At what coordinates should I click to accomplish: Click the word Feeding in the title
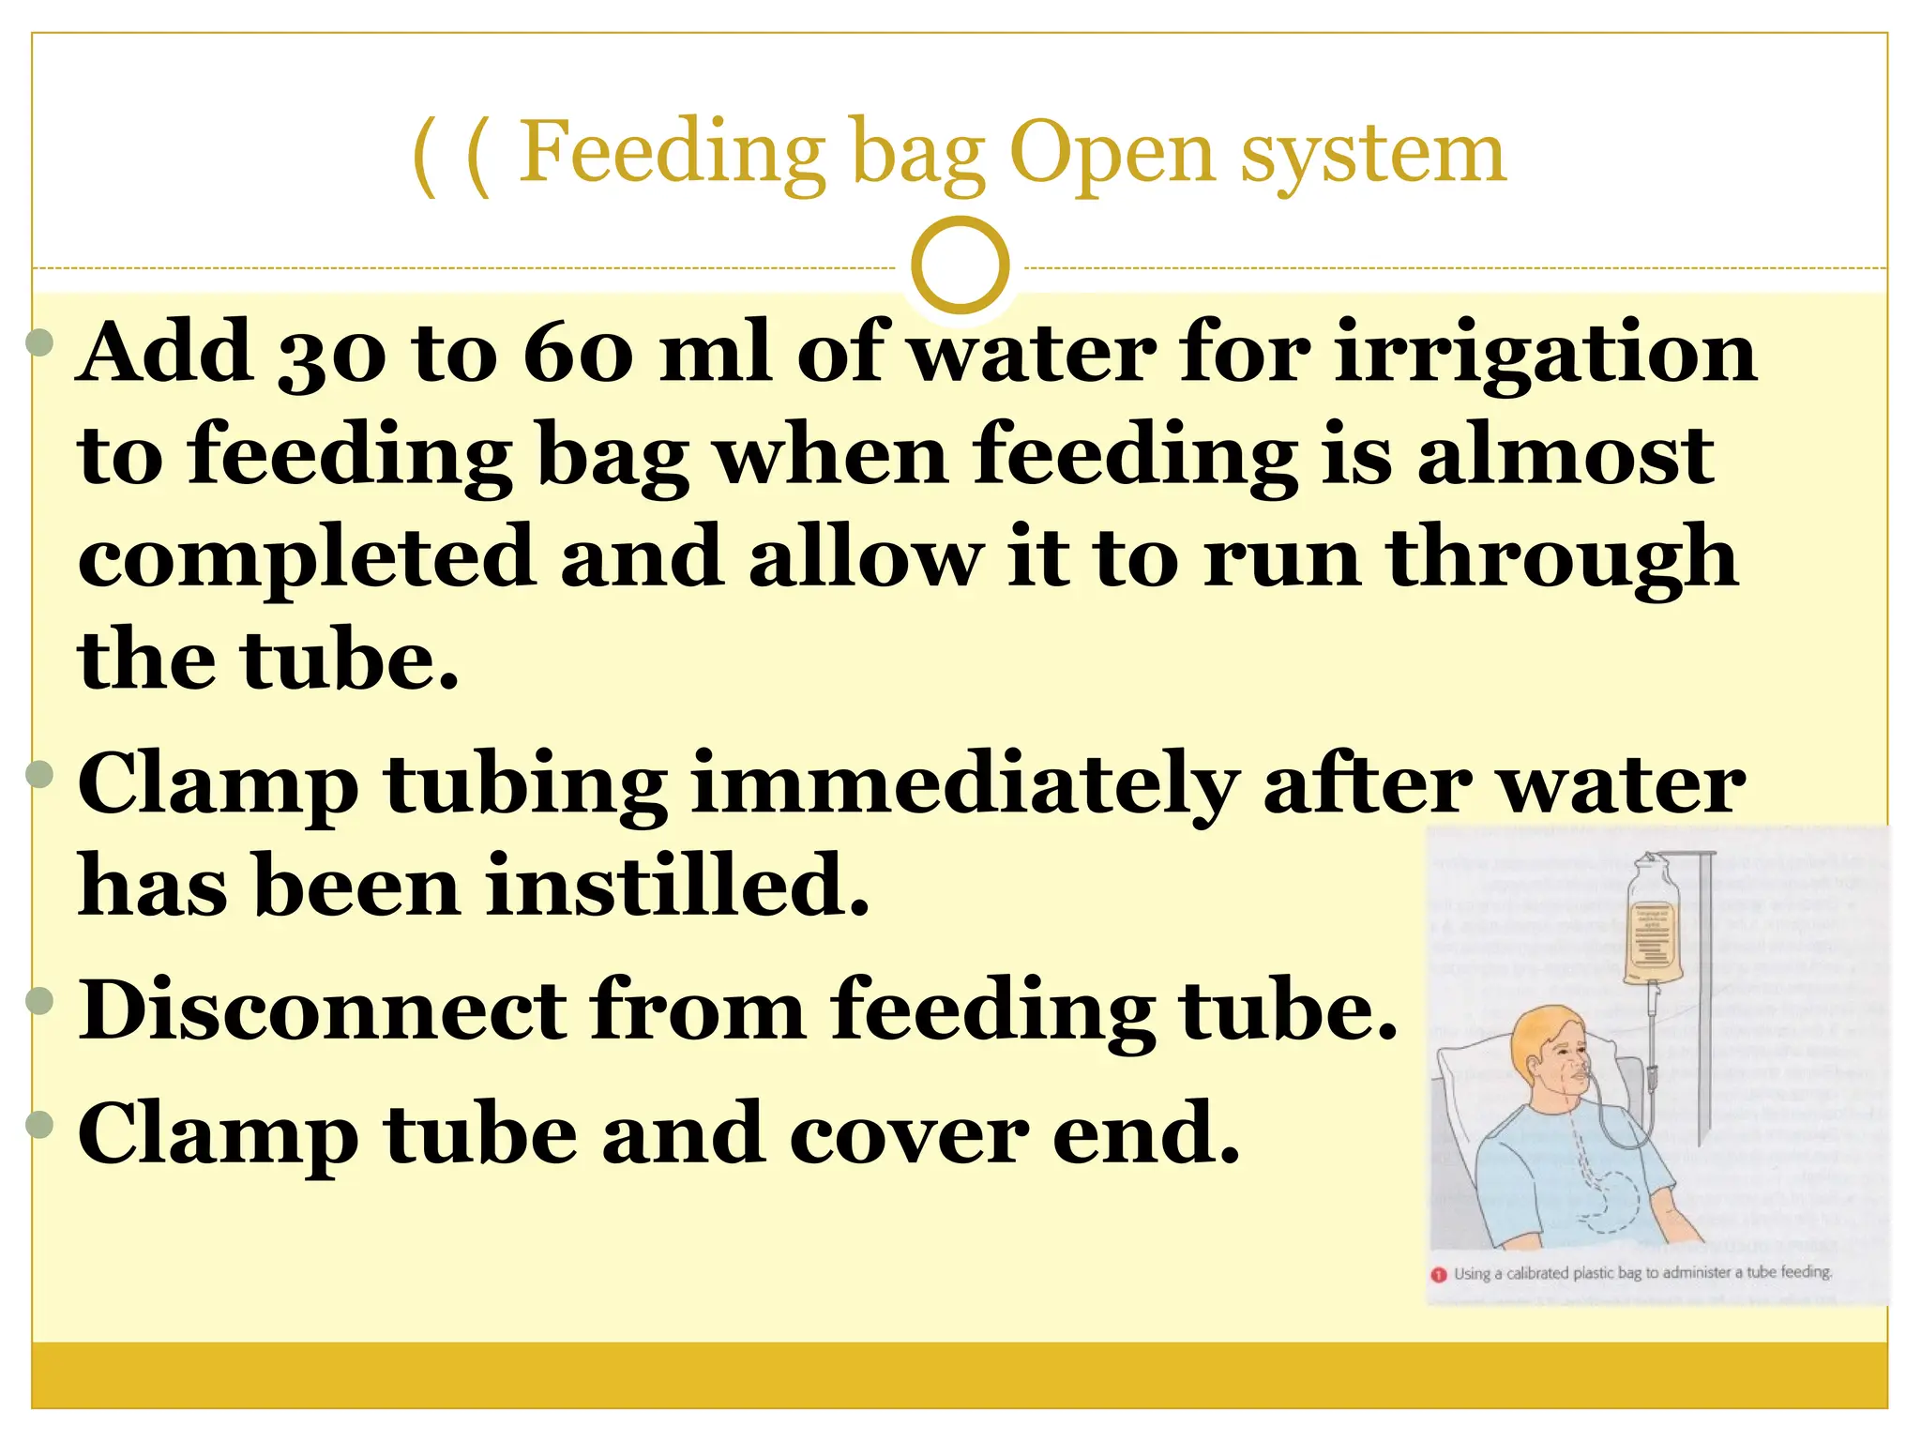tap(672, 154)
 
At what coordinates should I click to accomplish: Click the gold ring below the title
tap(960, 265)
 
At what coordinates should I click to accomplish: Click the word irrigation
tap(1545, 354)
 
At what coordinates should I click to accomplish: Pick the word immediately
tap(964, 786)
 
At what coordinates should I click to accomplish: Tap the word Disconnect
tap(324, 1010)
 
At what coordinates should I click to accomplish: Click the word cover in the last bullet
tap(908, 1135)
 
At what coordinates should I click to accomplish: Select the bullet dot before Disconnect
tap(40, 1000)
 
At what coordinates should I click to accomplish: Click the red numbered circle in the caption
tap(1439, 1275)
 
